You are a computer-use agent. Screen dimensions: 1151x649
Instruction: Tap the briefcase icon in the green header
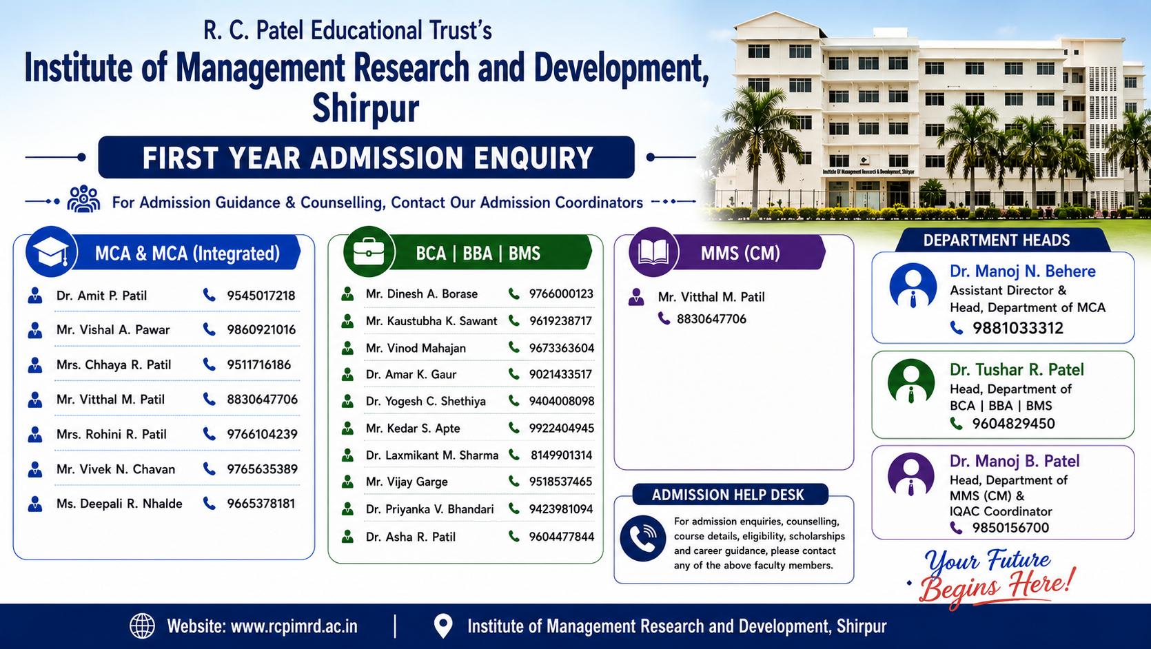click(369, 251)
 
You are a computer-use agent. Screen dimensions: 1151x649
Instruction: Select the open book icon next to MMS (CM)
click(653, 252)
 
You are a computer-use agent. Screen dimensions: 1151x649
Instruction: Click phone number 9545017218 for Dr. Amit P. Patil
click(261, 296)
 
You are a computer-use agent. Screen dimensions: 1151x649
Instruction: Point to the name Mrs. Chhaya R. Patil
click(114, 364)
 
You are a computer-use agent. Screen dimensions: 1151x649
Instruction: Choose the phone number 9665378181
click(261, 503)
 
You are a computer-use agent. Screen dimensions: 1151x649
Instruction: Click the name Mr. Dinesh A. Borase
click(422, 293)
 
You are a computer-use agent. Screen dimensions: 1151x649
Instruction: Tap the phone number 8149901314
click(562, 455)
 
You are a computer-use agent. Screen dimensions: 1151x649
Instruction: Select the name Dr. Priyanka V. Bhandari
click(429, 509)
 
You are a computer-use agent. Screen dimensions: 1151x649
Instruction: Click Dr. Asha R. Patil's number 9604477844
click(562, 537)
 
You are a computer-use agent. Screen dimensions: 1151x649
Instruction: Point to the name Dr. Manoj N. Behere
click(1023, 271)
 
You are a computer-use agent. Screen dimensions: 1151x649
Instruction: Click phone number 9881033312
click(1017, 328)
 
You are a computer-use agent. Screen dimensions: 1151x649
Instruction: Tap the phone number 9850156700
click(1010, 528)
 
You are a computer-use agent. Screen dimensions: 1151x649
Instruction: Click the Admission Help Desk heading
click(728, 495)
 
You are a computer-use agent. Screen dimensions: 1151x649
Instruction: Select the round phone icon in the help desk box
click(643, 539)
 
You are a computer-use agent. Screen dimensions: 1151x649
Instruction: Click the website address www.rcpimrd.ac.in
click(294, 626)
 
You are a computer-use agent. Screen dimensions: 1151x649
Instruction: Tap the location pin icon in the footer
click(443, 626)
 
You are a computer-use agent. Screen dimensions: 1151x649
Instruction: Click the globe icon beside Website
click(142, 626)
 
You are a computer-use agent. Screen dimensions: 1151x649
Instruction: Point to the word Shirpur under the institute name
click(366, 109)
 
